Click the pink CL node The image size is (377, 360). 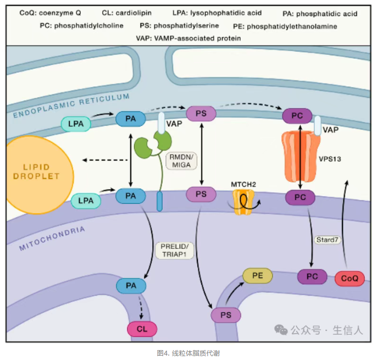pos(142,329)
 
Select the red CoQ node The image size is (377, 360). pos(350,279)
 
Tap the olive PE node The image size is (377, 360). pos(258,276)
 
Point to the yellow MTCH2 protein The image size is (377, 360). pos(244,201)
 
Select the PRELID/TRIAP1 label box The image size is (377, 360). pos(175,250)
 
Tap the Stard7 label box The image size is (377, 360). pos(325,240)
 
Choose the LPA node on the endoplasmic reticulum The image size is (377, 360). pos(76,124)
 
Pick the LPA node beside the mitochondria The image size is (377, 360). pos(86,201)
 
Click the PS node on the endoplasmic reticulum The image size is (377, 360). pos(201,114)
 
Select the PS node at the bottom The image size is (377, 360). pos(226,315)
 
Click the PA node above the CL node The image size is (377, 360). pos(131,286)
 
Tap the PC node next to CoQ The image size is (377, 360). pos(312,277)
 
